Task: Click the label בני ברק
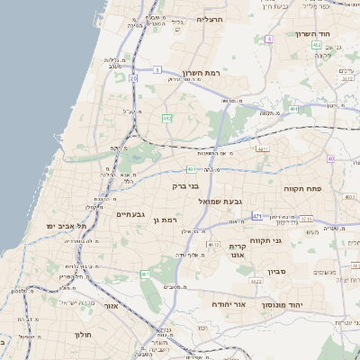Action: click(x=184, y=186)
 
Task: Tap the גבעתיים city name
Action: click(x=131, y=214)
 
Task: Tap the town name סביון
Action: click(x=276, y=271)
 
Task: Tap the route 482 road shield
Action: click(x=167, y=118)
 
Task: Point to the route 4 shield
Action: click(x=269, y=39)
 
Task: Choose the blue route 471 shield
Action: click(x=257, y=216)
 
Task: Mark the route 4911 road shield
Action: click(x=262, y=149)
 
